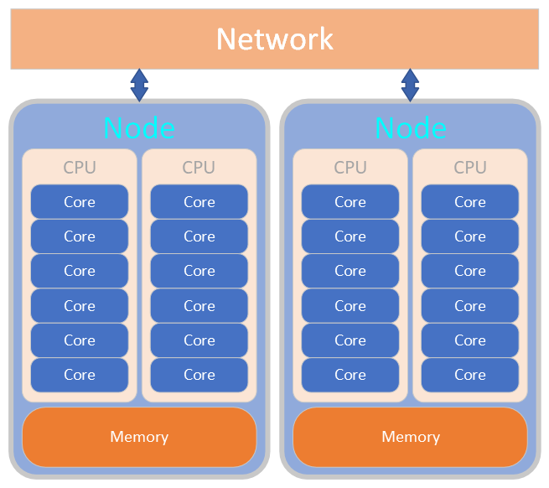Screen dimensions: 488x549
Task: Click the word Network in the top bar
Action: point(274,39)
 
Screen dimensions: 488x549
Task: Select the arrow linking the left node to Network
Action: point(139,85)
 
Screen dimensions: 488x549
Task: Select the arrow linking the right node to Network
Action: point(410,85)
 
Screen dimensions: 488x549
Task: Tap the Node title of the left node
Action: point(139,128)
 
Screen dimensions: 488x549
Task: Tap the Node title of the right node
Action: point(410,128)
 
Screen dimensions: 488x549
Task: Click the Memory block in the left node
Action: point(139,437)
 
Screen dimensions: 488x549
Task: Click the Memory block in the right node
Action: point(410,437)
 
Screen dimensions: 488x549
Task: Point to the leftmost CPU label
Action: point(80,168)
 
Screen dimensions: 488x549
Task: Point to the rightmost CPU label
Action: point(470,168)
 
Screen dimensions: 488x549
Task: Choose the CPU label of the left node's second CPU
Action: point(199,168)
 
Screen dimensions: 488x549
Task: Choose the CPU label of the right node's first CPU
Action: point(350,168)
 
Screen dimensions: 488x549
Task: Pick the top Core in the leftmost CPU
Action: point(80,202)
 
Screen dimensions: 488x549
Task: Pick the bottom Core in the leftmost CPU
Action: point(80,375)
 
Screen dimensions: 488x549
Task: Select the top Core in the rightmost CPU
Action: point(470,202)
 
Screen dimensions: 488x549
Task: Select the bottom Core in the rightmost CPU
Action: point(470,375)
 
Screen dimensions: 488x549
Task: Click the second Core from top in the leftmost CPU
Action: point(80,236)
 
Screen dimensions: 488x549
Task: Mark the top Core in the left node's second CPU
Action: point(199,202)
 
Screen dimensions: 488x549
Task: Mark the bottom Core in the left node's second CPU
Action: point(199,375)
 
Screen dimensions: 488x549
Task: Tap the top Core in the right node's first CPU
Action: point(350,202)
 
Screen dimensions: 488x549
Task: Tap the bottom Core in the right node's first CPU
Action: point(350,375)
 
